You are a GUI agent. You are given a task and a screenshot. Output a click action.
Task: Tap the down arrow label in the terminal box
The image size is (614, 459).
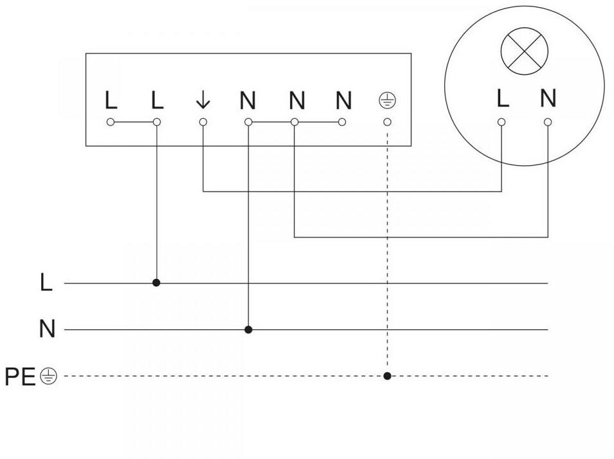(x=203, y=100)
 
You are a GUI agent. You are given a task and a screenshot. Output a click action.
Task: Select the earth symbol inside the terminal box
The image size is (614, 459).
(x=387, y=100)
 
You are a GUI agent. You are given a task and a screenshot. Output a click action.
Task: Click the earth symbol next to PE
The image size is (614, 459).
(x=48, y=376)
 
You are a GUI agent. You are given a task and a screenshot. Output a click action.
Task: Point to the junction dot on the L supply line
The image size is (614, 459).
(x=156, y=282)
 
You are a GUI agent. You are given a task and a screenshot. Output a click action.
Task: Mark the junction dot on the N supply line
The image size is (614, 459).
(x=248, y=330)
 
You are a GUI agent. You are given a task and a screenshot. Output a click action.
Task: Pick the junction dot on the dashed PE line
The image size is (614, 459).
(x=387, y=375)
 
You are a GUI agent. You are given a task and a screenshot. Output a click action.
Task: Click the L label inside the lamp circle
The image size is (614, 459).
(x=503, y=98)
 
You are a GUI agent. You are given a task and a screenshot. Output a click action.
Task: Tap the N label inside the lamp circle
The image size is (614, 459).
(x=548, y=98)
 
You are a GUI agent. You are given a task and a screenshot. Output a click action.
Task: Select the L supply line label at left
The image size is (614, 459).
(x=46, y=283)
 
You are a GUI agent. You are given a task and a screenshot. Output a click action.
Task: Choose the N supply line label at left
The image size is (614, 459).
(x=47, y=330)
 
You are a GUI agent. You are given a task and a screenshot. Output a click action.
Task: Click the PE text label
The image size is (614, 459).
(x=21, y=377)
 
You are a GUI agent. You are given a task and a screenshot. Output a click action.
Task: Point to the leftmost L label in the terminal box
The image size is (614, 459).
(x=111, y=100)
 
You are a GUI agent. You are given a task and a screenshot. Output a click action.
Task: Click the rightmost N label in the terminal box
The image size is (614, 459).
(x=343, y=100)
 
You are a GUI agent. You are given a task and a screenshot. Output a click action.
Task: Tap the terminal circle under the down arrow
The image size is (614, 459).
(x=203, y=122)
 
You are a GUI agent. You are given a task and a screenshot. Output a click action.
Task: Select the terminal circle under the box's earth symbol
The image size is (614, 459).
(x=387, y=122)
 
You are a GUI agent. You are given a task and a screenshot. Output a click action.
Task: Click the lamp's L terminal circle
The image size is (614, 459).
(x=501, y=122)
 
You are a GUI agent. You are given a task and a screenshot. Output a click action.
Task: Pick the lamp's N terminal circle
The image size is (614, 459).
(x=548, y=122)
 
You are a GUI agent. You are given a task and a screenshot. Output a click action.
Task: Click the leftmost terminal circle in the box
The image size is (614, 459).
(x=111, y=122)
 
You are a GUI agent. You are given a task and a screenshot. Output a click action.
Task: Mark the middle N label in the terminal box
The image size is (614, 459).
(x=296, y=100)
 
